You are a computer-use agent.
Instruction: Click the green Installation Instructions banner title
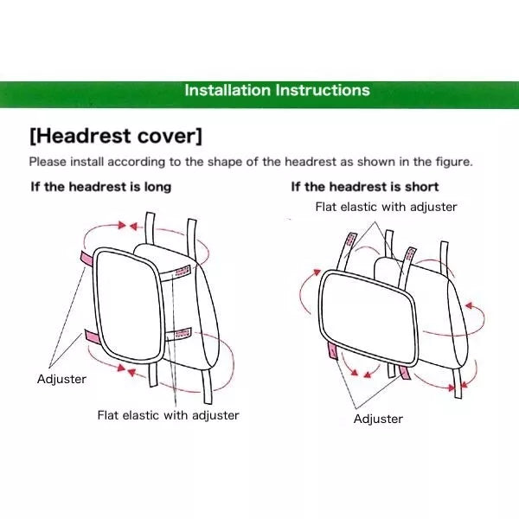point(277,90)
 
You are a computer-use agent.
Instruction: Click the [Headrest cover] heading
point(116,136)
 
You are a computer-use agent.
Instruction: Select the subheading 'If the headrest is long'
point(101,187)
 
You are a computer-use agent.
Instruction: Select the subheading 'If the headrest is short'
point(365,187)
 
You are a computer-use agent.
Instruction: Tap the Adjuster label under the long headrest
point(61,379)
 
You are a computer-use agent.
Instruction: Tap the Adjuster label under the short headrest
point(378,419)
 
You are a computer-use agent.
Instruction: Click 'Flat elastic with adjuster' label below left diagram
point(168,415)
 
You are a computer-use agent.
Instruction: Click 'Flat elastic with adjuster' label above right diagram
point(386,207)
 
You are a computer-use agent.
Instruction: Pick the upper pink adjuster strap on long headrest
point(86,258)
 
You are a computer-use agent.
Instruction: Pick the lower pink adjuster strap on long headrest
point(92,336)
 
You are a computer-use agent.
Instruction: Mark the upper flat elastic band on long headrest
point(175,272)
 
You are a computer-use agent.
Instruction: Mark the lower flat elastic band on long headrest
point(178,334)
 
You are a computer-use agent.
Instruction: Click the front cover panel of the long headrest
point(128,304)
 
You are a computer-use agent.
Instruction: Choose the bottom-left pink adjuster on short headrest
point(333,351)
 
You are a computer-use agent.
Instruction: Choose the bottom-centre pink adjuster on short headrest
point(405,372)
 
